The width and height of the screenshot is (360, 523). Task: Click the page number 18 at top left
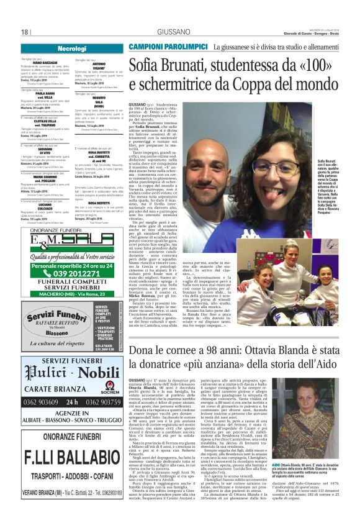pyautogui.click(x=25, y=32)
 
